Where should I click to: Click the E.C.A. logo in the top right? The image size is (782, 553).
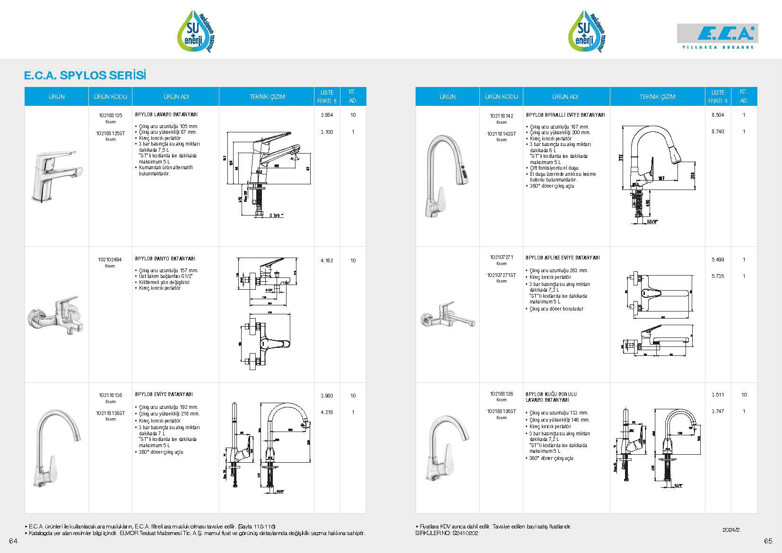tap(717, 35)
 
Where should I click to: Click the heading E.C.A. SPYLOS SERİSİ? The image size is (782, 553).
tap(85, 76)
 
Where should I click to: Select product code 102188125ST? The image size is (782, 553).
tap(110, 133)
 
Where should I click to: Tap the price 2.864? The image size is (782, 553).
tap(327, 115)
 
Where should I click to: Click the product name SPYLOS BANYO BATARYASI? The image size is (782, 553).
tap(165, 259)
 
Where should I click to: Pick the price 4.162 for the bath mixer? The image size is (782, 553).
tap(327, 260)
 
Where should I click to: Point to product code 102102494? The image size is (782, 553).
tap(110, 259)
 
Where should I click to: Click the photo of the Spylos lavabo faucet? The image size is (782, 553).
tap(56, 176)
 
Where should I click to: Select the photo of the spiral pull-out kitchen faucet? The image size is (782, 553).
tap(447, 175)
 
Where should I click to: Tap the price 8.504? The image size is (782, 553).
tap(718, 115)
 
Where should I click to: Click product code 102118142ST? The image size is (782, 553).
tap(501, 134)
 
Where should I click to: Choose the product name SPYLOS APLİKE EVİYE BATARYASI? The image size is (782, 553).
tap(563, 258)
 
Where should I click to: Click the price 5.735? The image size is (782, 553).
tap(718, 276)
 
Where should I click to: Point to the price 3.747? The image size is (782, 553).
tap(718, 411)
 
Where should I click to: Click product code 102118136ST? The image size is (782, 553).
tap(110, 413)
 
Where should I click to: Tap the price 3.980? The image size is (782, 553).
tap(327, 396)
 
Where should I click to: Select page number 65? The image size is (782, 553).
tap(767, 541)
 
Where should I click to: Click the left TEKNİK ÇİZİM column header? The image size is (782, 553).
tap(267, 97)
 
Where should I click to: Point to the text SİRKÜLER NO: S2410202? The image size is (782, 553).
tap(446, 533)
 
